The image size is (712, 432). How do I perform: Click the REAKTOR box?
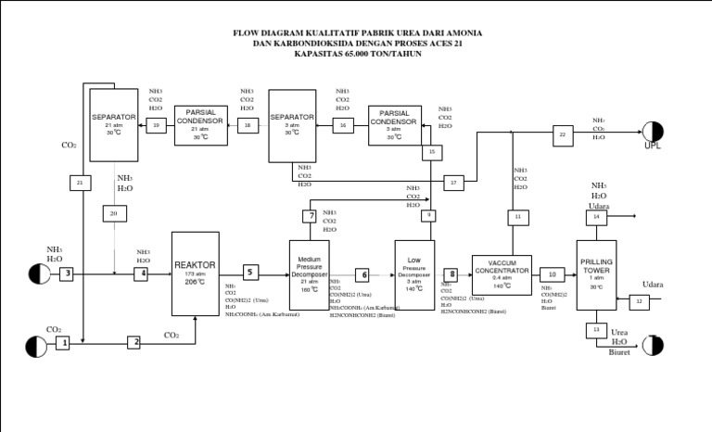pyautogui.click(x=196, y=273)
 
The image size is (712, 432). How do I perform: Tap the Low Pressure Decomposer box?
pyautogui.click(x=414, y=269)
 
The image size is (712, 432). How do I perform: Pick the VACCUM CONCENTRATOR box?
pyautogui.click(x=502, y=273)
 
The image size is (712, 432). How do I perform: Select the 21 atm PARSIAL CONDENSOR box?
pyautogui.click(x=200, y=124)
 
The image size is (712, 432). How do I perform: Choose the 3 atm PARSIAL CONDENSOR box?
pyautogui.click(x=394, y=124)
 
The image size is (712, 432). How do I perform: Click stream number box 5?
pyautogui.click(x=250, y=273)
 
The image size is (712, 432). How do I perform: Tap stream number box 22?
pyautogui.click(x=562, y=135)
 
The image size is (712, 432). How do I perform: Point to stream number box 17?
pyautogui.click(x=453, y=183)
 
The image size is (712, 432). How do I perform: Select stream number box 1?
pyautogui.click(x=62, y=343)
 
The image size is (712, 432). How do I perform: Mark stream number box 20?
pyautogui.click(x=114, y=214)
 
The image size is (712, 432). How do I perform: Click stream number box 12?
pyautogui.click(x=639, y=301)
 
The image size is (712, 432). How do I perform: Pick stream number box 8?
pyautogui.click(x=451, y=274)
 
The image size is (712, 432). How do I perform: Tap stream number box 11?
pyautogui.click(x=518, y=218)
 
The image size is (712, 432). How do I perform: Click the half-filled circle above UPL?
pyautogui.click(x=653, y=131)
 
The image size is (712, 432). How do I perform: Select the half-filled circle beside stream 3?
pyautogui.click(x=38, y=273)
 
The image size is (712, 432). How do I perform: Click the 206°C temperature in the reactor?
pyautogui.click(x=195, y=282)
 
